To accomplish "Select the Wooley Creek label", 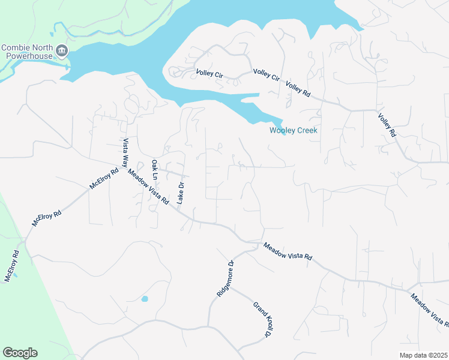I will click(x=293, y=130).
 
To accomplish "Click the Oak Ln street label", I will click(x=154, y=170).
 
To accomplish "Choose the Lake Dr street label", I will click(x=179, y=192).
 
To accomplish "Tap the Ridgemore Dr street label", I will click(x=224, y=278).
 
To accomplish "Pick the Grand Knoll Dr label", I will click(x=260, y=320).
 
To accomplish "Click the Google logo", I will click(x=20, y=353).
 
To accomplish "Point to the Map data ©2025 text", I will click(x=423, y=355).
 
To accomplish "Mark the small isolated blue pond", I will click(x=144, y=298).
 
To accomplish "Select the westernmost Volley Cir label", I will click(x=209, y=74).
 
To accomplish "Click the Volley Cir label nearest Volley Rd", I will click(x=267, y=75).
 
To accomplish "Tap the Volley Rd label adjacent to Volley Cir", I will click(x=298, y=89).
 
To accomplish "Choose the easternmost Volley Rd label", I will click(x=387, y=125).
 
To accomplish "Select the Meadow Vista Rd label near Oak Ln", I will click(x=148, y=187).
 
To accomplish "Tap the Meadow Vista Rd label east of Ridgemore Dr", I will click(x=288, y=251).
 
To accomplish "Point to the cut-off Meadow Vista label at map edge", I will click(x=429, y=308).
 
